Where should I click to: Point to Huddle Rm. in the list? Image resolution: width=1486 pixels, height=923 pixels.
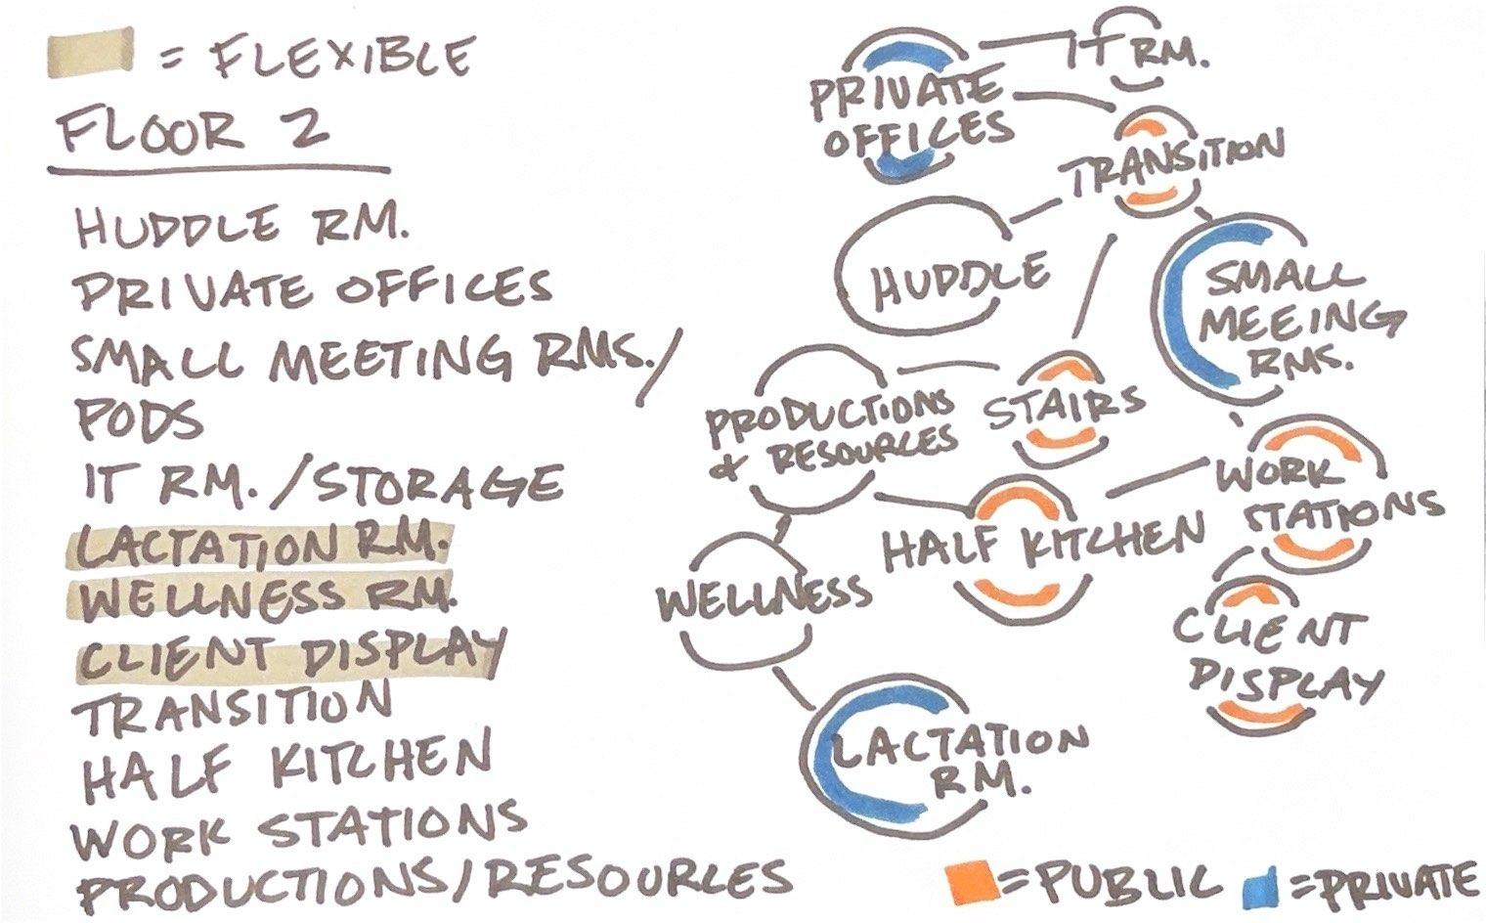[240, 229]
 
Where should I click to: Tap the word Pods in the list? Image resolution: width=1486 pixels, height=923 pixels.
[139, 420]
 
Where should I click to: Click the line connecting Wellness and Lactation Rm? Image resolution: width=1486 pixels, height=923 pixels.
[797, 688]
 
